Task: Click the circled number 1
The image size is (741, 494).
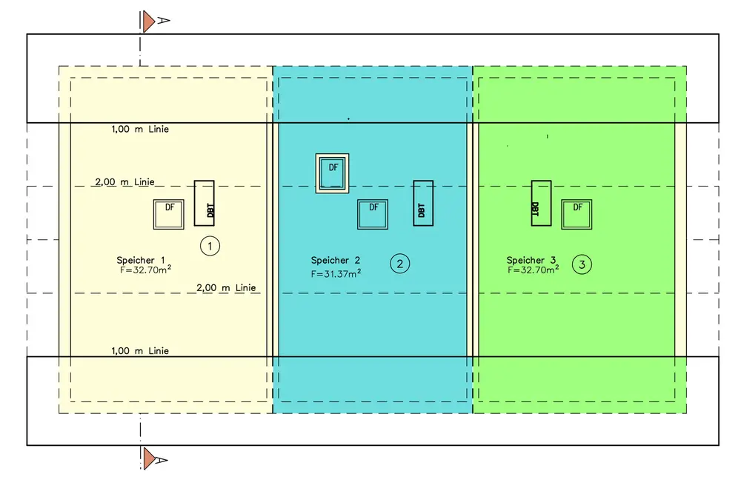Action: (210, 245)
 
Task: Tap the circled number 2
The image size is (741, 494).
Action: (400, 263)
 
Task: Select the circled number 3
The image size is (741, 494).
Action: (582, 263)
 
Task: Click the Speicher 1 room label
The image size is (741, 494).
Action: (140, 260)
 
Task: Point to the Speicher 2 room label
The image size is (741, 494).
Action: (335, 260)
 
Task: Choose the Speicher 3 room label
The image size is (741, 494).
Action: (531, 260)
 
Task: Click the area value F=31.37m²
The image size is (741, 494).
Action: (336, 273)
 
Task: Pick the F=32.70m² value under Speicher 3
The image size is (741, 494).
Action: (534, 270)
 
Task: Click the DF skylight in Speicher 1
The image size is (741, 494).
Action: (169, 214)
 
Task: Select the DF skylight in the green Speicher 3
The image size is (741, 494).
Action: (576, 214)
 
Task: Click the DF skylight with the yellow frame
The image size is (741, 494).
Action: (332, 173)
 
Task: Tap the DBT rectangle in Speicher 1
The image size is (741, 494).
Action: (204, 203)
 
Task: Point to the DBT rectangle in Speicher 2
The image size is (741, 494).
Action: (423, 202)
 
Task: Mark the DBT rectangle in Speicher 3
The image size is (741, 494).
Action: (541, 202)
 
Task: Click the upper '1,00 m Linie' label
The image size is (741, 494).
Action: (140, 130)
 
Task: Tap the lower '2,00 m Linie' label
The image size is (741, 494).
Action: (226, 287)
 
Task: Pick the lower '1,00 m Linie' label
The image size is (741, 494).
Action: (140, 350)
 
